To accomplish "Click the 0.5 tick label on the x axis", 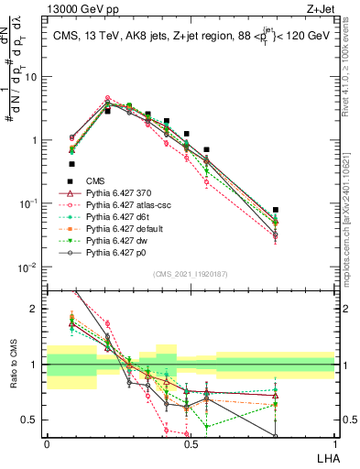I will point(191,442).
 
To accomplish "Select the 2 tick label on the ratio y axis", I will point(35,309).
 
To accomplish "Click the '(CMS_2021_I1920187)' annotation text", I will point(190,274).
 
